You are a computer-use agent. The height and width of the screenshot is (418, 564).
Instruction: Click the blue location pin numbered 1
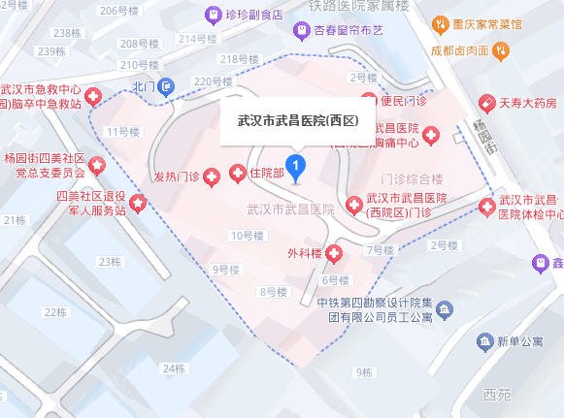(297, 166)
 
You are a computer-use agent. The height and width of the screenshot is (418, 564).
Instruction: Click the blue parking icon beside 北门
(168, 86)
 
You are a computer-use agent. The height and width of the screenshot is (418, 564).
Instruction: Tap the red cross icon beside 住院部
(237, 174)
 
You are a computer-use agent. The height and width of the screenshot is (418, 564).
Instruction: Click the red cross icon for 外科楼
(334, 255)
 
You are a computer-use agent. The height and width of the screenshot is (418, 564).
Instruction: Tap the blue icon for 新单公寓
(483, 341)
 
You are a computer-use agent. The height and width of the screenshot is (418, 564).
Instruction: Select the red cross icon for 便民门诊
(369, 101)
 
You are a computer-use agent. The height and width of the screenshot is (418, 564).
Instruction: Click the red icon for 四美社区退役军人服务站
(139, 204)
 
